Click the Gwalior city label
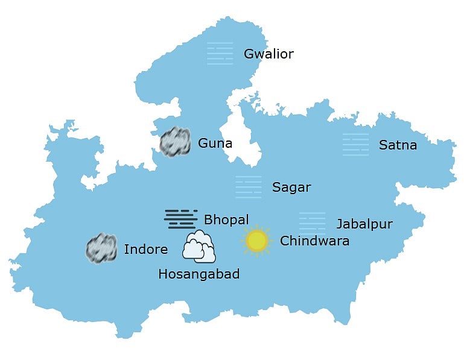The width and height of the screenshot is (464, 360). tap(269, 54)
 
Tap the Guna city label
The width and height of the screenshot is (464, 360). tap(215, 144)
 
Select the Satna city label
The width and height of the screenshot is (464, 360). tap(398, 145)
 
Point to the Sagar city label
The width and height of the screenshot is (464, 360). tap(291, 188)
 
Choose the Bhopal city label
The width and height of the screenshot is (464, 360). tap(226, 219)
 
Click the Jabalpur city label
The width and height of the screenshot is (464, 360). tap(364, 224)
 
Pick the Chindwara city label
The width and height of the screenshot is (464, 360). tap(314, 241)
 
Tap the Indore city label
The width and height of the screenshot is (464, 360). tap(145, 250)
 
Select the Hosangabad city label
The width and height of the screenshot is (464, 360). tap(199, 274)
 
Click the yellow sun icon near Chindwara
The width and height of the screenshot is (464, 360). tap(257, 241)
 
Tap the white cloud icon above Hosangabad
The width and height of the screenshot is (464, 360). tap(199, 246)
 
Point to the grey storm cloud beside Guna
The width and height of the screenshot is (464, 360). tap(175, 142)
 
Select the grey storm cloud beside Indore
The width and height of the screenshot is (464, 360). tap(101, 248)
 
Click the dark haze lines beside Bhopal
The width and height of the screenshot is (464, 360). tap(180, 219)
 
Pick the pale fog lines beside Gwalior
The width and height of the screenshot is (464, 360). tap(220, 53)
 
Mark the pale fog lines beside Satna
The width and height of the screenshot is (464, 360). tap(355, 145)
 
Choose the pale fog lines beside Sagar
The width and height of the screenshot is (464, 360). tap(249, 187)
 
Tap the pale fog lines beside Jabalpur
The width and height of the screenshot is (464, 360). tap(312, 223)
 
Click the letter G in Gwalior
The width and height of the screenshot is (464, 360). tap(249, 54)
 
